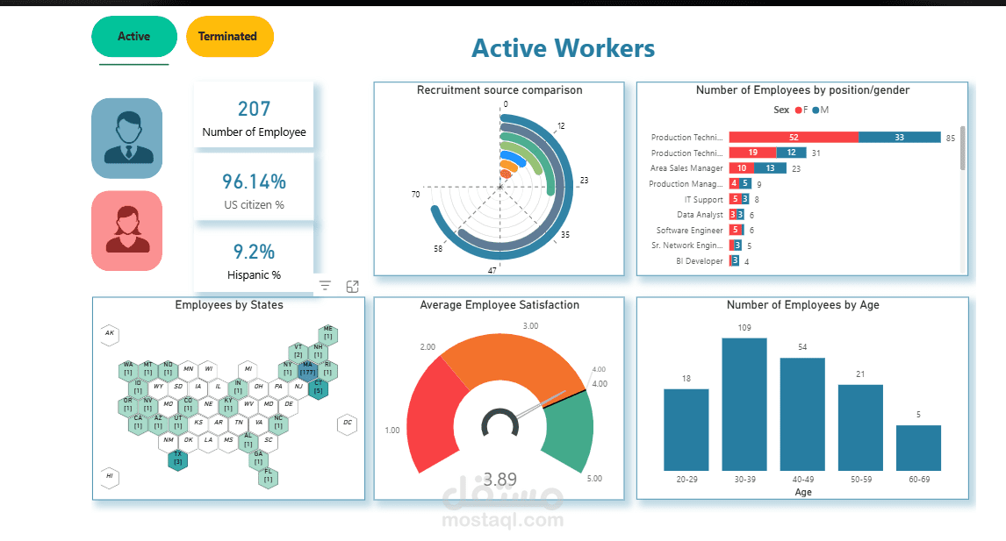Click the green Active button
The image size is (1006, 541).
coord(133,37)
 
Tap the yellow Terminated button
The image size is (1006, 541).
coord(228,37)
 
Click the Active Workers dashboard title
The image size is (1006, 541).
coord(563,47)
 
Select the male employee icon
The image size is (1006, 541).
coord(127,139)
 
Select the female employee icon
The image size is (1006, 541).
coord(127,231)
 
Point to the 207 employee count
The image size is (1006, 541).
coord(254,110)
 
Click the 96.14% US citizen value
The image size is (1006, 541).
coord(254,182)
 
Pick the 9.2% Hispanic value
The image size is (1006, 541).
coord(254,253)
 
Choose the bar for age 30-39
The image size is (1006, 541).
coord(744,404)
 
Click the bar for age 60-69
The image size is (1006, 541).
coord(918,448)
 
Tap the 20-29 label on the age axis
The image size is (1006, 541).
coord(686,480)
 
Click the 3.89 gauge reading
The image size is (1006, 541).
coord(499,480)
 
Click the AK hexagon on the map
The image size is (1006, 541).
coord(110,333)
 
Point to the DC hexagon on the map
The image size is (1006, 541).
coord(348,424)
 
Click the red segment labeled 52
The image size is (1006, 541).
coord(793,138)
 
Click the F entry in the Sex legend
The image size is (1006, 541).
coord(799,110)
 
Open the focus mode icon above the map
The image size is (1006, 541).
coord(352,286)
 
